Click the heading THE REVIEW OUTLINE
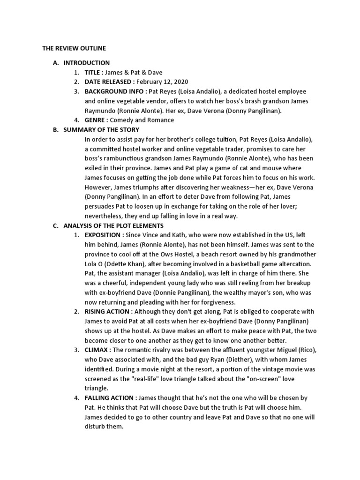(x=74, y=48)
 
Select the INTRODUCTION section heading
(x=87, y=63)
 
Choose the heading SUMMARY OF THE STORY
(x=101, y=129)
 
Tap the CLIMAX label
(x=97, y=350)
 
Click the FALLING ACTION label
(x=111, y=398)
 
